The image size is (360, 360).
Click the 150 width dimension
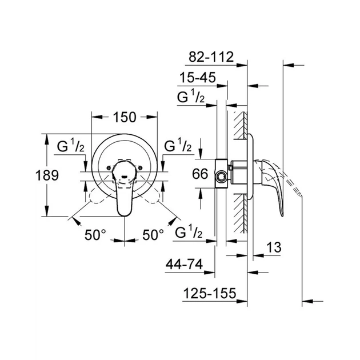tap(124, 117)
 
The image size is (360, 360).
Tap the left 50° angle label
tap(97, 234)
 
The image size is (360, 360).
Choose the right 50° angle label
tap(153, 234)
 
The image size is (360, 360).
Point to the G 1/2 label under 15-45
tap(193, 97)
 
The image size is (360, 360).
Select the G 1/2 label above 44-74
tap(189, 233)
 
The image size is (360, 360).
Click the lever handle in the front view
tap(124, 191)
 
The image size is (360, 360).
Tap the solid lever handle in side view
tap(275, 183)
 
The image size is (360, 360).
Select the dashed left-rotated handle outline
tap(94, 198)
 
